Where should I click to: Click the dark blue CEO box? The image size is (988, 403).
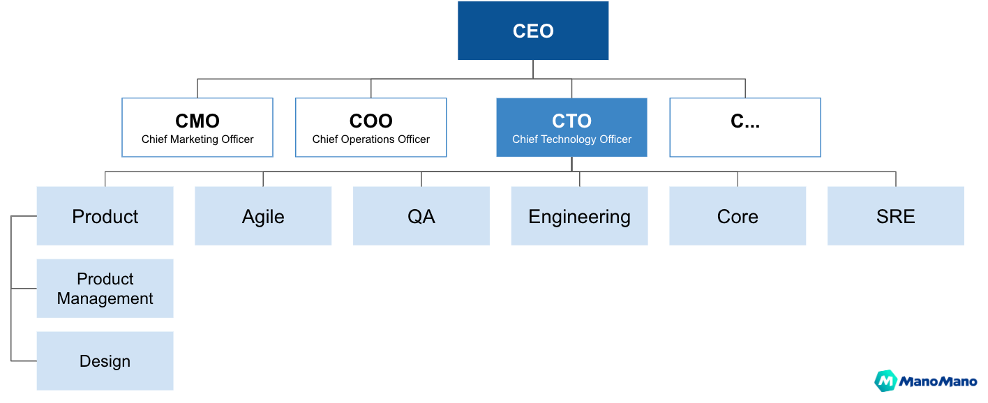pos(533,31)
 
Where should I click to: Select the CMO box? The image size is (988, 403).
pos(197,128)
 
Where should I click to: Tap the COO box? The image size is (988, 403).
pos(370,128)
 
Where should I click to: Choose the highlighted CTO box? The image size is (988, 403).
pos(571,128)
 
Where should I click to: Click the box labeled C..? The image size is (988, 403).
pos(744,128)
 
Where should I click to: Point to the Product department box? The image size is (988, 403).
pos(105,216)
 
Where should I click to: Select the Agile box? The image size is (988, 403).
pos(263,216)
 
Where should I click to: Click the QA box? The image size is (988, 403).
pos(421,216)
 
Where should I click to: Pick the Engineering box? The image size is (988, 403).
pos(579,216)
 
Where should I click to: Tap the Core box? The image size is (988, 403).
pos(738,216)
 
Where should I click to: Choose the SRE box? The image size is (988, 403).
pos(895,216)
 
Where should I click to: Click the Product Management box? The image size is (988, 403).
pos(105,289)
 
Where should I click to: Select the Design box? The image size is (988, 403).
pos(105,361)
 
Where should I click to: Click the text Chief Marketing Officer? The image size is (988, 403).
pos(197,139)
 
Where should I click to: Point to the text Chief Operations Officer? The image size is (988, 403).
pos(370,139)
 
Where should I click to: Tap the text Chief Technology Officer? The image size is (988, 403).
pos(571,139)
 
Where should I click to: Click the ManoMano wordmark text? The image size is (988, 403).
pos(938,381)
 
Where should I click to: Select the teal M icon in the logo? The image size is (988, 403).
pos(885,381)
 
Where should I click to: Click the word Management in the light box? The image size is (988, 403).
pos(105,299)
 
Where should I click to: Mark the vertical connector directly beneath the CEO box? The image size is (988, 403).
pos(533,69)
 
